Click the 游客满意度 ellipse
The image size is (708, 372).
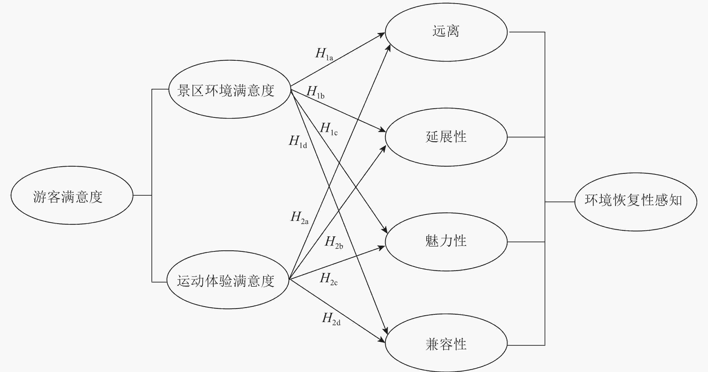pos(72,195)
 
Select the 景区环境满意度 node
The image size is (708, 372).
pos(229,89)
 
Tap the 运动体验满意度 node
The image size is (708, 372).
pos(228,280)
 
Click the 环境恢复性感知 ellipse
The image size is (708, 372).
pos(635,202)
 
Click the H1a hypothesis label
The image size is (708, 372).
pos(324,54)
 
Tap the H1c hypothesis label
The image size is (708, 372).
pos(329,129)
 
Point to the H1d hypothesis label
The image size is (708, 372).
pos(298,142)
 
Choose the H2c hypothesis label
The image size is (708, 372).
pos(329,279)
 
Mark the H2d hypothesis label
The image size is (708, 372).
pos(331,319)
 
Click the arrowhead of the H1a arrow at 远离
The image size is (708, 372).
pos(382,34)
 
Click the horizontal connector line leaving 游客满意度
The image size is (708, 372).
pos(142,195)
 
